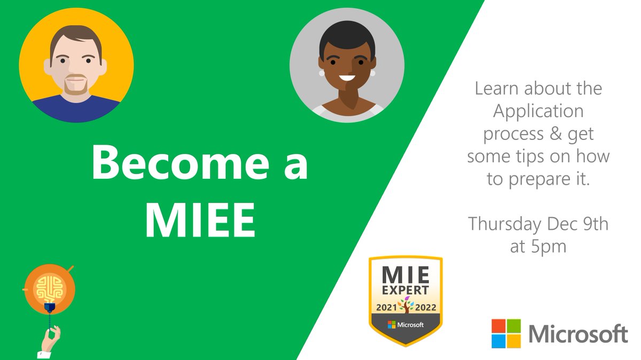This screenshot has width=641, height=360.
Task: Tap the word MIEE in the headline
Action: tap(200, 219)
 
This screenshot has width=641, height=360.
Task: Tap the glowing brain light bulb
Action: tap(49, 289)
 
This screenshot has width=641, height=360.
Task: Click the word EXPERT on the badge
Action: tap(406, 291)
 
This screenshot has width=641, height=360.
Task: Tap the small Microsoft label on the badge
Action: tap(406, 325)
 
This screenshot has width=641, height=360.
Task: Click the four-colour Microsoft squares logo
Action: tap(506, 334)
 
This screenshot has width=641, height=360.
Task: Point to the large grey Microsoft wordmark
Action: tap(578, 334)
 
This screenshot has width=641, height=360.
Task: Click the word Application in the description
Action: tap(538, 112)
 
